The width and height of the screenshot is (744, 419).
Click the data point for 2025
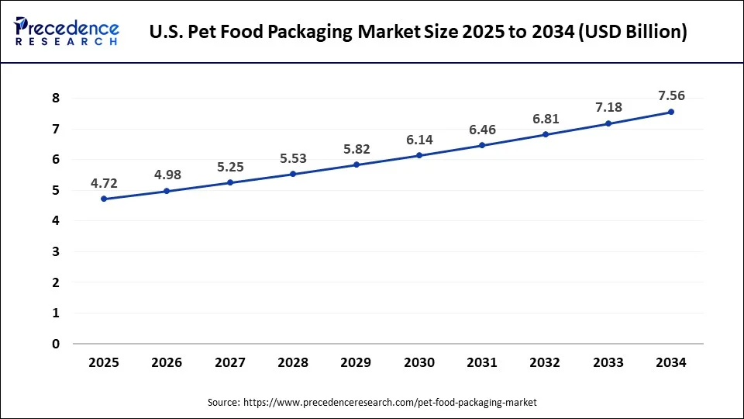pyautogui.click(x=104, y=199)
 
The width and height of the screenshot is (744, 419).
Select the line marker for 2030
pyautogui.click(x=419, y=155)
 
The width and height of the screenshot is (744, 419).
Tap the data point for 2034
pyautogui.click(x=671, y=112)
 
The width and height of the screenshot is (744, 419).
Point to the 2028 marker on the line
pyautogui.click(x=293, y=174)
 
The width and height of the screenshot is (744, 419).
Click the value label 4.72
pyautogui.click(x=104, y=184)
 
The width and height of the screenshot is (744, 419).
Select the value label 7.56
pyautogui.click(x=671, y=95)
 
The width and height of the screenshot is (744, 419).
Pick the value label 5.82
pyautogui.click(x=356, y=149)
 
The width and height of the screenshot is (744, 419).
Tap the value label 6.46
pyautogui.click(x=482, y=130)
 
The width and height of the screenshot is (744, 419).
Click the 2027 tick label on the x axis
pyautogui.click(x=230, y=362)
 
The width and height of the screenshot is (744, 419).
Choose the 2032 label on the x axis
pyautogui.click(x=546, y=362)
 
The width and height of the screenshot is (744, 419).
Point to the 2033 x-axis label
pyautogui.click(x=608, y=362)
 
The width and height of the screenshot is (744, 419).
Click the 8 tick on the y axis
pyautogui.click(x=56, y=98)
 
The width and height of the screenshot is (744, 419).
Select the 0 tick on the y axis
pyautogui.click(x=56, y=344)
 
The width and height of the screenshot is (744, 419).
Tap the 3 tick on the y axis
pyautogui.click(x=56, y=251)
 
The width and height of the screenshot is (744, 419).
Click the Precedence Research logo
pyautogui.click(x=67, y=32)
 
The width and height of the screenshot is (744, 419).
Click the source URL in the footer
pyautogui.click(x=390, y=403)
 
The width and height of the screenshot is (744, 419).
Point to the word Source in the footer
pyautogui.click(x=223, y=403)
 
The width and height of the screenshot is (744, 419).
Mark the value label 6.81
pyautogui.click(x=546, y=119)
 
